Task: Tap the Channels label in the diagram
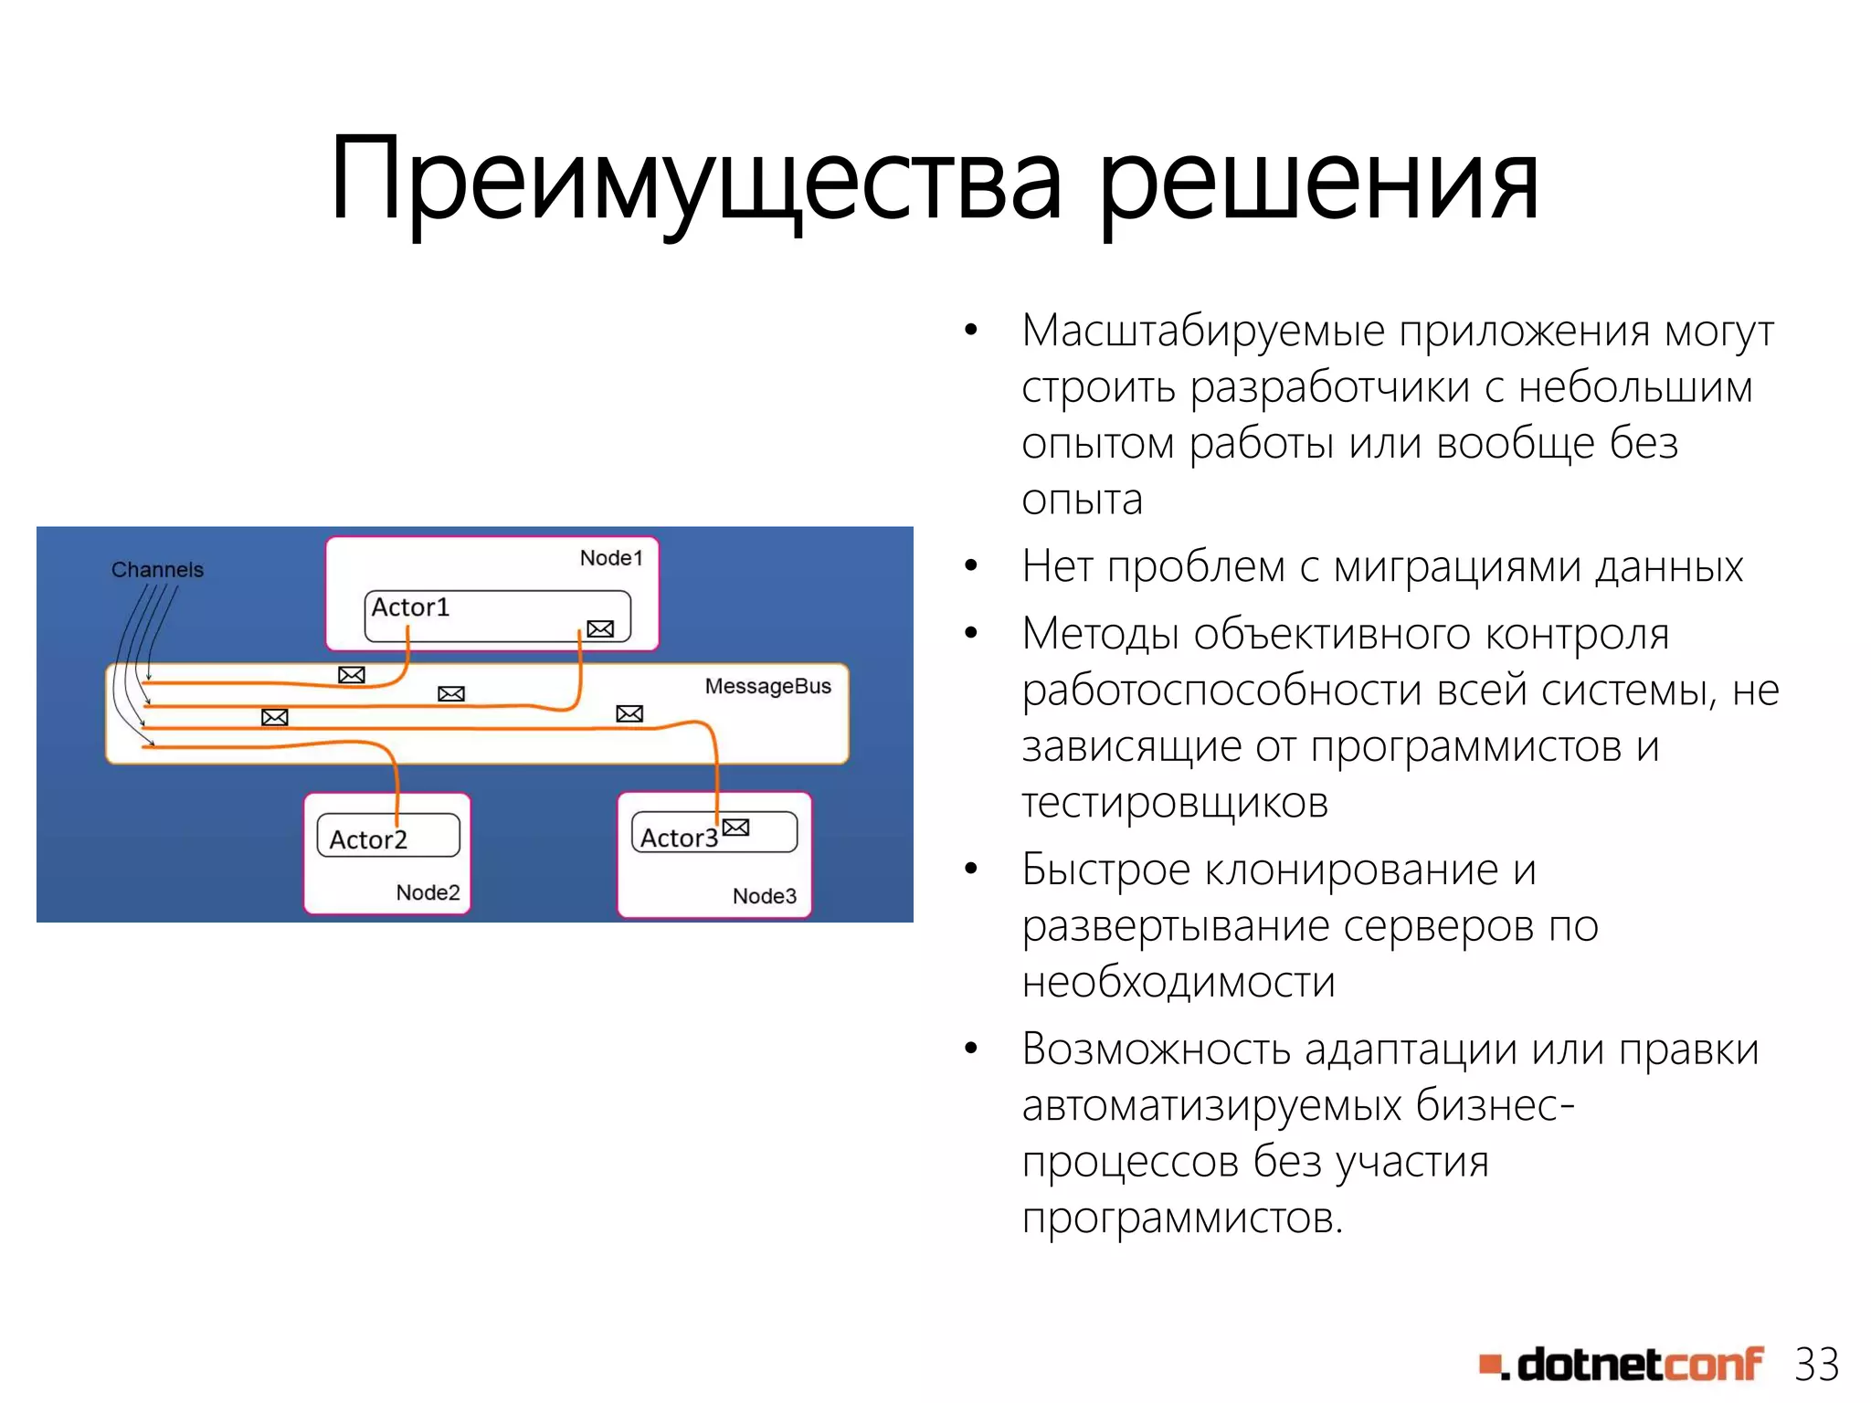[x=157, y=570]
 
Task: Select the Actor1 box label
[x=410, y=607]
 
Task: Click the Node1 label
[x=611, y=558]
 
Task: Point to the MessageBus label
[x=767, y=686]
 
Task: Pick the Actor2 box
[x=387, y=836]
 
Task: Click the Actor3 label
[x=678, y=838]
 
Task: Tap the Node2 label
[x=428, y=892]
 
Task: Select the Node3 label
[x=764, y=896]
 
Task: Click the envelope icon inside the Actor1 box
[x=600, y=628]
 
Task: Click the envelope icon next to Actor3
[x=735, y=828]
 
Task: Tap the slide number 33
[x=1815, y=1366]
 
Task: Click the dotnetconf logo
[x=1621, y=1365]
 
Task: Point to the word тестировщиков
[x=1175, y=803]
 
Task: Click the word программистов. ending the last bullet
[x=1182, y=1218]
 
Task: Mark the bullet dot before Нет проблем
[x=971, y=565]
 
